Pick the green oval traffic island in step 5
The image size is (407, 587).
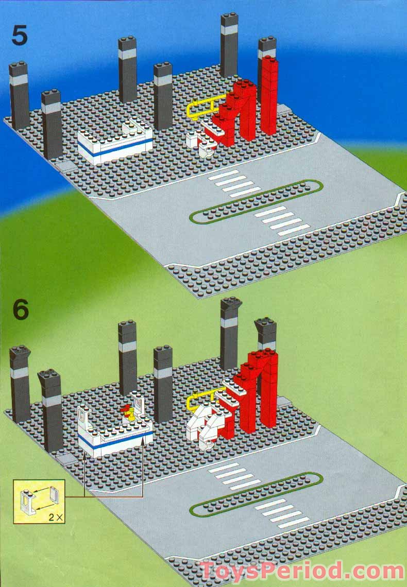tap(256, 201)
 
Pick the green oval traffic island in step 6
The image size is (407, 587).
tap(256, 494)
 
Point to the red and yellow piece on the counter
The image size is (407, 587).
tap(128, 411)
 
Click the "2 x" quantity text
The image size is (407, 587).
tap(53, 515)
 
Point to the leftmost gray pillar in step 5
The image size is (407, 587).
tap(19, 95)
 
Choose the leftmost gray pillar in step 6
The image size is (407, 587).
tap(20, 384)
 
